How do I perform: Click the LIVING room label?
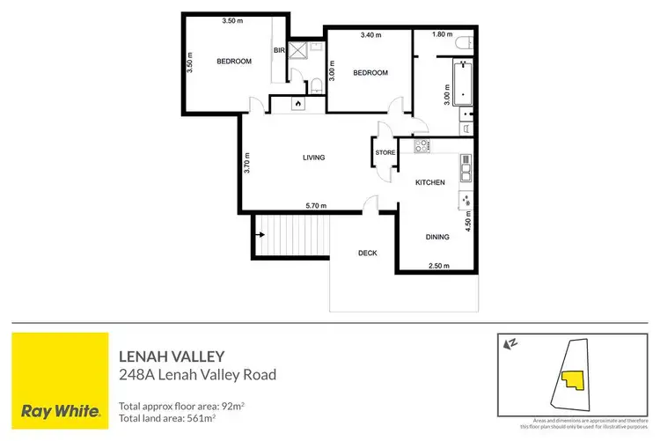313,158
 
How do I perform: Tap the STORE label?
385,152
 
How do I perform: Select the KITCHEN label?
429,182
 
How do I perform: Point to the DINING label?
437,237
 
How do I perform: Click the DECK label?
367,254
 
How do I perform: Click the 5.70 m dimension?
316,206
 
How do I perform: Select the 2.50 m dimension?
437,266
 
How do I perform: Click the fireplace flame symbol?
297,104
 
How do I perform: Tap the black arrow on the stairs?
261,235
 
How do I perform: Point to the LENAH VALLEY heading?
172,356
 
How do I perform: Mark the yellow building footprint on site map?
573,380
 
